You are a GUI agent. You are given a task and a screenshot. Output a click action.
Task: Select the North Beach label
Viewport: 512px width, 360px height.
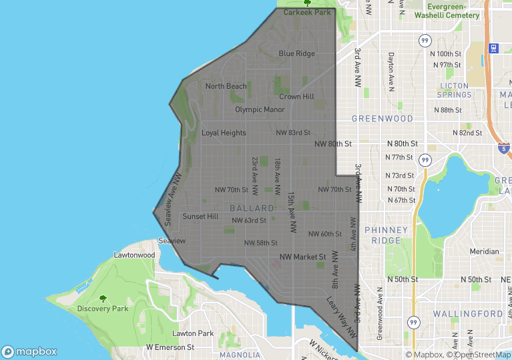[226, 86]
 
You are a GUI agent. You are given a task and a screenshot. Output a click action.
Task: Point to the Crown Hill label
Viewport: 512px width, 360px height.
[296, 97]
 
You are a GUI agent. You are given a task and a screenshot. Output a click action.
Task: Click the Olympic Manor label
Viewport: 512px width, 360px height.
[260, 110]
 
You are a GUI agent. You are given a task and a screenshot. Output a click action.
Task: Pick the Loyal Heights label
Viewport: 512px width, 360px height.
[224, 133]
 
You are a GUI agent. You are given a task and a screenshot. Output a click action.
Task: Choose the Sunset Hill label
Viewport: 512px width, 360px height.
[200, 216]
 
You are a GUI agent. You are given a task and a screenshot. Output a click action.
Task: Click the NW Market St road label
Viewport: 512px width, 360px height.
[302, 256]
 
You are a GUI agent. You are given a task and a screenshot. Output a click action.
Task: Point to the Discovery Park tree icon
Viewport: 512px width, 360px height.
[102, 299]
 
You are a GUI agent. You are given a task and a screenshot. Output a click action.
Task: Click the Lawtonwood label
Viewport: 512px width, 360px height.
[134, 255]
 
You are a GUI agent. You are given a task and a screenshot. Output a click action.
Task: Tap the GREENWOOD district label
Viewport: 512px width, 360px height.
[382, 118]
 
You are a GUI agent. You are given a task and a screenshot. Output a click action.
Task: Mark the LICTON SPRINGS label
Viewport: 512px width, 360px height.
[455, 90]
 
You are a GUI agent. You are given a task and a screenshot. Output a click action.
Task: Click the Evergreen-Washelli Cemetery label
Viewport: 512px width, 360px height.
[447, 11]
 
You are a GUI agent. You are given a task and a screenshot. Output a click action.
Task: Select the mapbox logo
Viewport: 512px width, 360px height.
[29, 351]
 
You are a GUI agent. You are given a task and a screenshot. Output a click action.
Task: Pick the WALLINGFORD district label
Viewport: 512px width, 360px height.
[467, 313]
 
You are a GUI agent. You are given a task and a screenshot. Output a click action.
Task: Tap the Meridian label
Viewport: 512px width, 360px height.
[484, 252]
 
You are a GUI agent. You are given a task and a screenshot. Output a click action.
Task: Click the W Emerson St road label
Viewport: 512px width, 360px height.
[170, 347]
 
